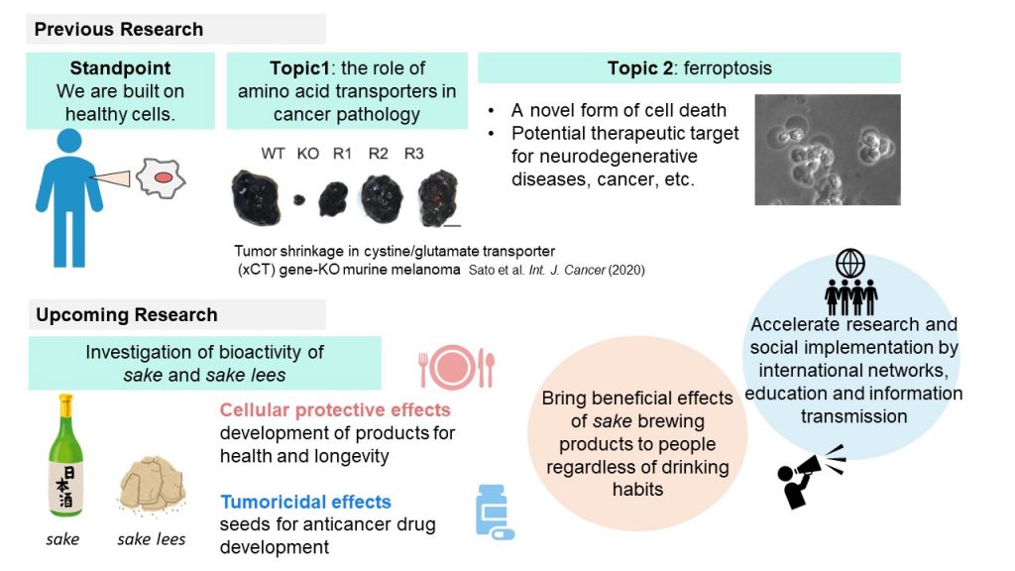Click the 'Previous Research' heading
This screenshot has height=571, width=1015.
(119, 29)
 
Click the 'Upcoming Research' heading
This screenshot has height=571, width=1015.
(126, 314)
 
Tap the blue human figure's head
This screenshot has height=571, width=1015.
(69, 141)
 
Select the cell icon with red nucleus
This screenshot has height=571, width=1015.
(161, 177)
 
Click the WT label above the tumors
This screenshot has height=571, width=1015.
(273, 154)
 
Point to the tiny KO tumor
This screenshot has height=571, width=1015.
(299, 200)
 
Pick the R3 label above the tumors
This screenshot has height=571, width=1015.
(413, 154)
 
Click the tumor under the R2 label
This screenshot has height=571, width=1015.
(382, 198)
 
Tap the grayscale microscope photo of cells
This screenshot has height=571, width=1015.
(828, 150)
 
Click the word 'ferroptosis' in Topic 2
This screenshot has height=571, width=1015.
(728, 68)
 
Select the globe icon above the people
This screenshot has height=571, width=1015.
(849, 264)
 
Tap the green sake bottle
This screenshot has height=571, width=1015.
(65, 455)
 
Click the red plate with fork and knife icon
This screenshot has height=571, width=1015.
(456, 367)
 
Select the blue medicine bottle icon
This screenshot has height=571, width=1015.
(495, 513)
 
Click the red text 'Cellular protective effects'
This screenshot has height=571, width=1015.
(335, 409)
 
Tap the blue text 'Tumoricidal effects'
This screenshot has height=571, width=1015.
(305, 502)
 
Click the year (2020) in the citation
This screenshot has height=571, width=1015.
(626, 270)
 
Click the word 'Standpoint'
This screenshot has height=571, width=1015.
(120, 68)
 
